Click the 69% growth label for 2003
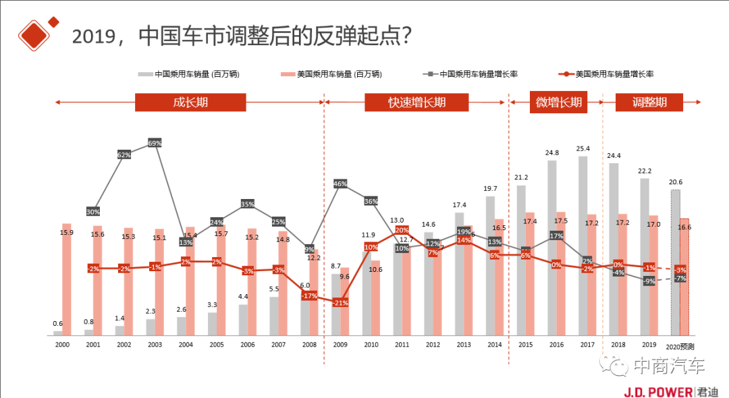pyautogui.click(x=155, y=143)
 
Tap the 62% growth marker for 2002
pyautogui.click(x=124, y=154)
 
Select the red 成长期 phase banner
pyautogui.click(x=190, y=103)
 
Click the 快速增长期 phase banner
pyautogui.click(x=416, y=103)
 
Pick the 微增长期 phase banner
pyautogui.click(x=558, y=103)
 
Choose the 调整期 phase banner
pyautogui.click(x=649, y=103)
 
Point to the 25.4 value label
pyautogui.click(x=583, y=148)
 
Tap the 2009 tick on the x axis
pyautogui.click(x=340, y=344)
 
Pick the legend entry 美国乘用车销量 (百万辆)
pyautogui.click(x=331, y=74)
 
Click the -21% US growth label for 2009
pyautogui.click(x=340, y=303)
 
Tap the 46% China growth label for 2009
pyautogui.click(x=340, y=183)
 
